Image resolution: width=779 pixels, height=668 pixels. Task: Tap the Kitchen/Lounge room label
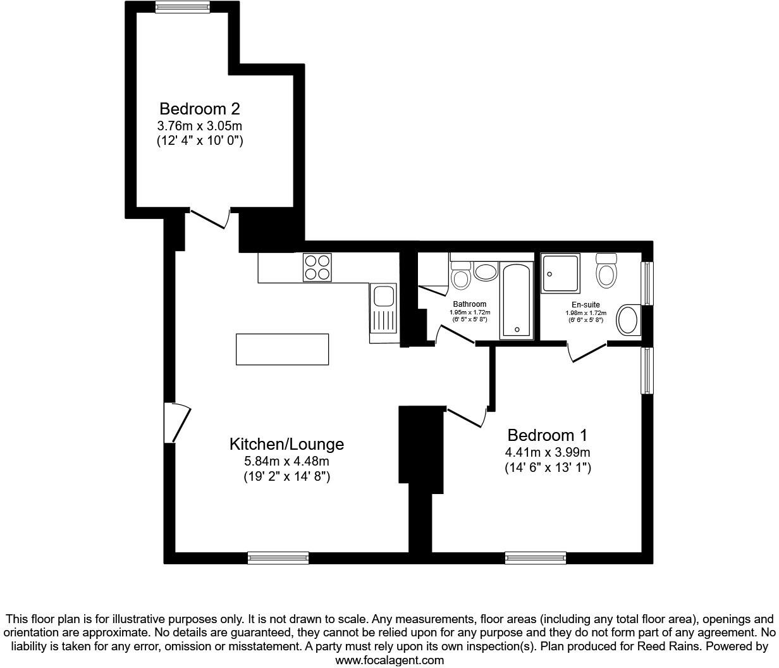[x=286, y=444]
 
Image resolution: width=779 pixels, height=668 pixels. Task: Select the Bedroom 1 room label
[x=548, y=435]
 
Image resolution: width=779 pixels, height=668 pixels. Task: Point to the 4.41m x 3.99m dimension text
[x=548, y=452]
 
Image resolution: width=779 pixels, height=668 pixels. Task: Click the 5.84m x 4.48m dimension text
[x=286, y=461]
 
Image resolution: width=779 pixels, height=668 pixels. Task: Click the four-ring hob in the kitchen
[x=317, y=266]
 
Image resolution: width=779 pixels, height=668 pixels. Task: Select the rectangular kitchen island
[x=282, y=349]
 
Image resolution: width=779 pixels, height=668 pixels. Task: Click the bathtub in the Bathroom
[x=517, y=300]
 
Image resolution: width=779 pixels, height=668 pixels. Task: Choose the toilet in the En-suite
[x=606, y=271]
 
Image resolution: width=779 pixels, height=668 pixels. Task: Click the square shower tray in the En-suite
[x=560, y=273]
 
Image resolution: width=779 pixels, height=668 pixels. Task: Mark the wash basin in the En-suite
[x=628, y=320]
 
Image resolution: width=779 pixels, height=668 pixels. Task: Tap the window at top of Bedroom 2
[x=183, y=7]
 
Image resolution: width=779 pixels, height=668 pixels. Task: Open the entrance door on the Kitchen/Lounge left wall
[x=176, y=423]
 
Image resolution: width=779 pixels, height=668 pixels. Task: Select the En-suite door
[x=587, y=352]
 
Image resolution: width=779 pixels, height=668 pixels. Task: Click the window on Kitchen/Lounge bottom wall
[x=278, y=558]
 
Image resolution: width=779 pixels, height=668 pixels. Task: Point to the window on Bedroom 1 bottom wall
[x=535, y=558]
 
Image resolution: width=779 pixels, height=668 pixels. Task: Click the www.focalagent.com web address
[x=389, y=660]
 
